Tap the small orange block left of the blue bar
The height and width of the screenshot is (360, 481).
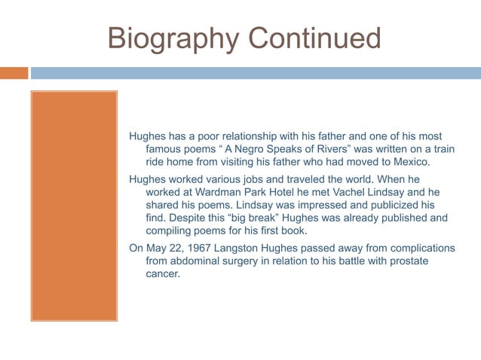pos(14,73)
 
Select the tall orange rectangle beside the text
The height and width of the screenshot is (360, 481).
pos(74,206)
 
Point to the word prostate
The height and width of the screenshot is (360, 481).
pos(427,261)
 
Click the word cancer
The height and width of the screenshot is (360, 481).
pos(163,274)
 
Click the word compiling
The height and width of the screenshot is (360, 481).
pos(170,231)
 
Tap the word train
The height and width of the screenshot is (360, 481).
pos(442,149)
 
